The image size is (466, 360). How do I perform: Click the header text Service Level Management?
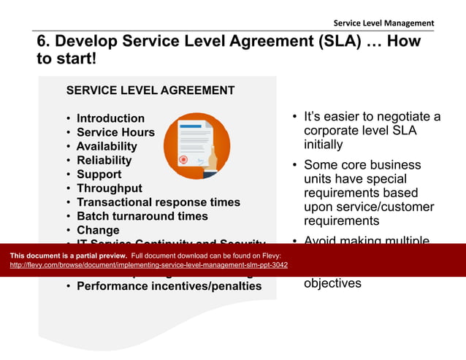click(x=383, y=23)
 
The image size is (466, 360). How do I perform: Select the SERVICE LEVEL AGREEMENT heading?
click(x=150, y=91)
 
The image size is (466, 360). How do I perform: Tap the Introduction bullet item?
click(x=110, y=118)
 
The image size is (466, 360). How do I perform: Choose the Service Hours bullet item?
click(x=115, y=132)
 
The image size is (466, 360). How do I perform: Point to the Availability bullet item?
click(x=107, y=146)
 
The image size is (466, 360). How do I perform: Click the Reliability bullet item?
click(x=104, y=160)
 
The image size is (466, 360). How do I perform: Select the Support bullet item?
click(x=99, y=175)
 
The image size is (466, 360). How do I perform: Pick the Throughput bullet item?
click(x=110, y=188)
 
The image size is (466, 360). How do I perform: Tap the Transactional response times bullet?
click(x=158, y=202)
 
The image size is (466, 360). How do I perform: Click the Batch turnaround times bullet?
click(x=142, y=216)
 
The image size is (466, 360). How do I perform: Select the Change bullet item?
click(x=98, y=230)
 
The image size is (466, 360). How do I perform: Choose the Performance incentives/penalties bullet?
click(x=169, y=286)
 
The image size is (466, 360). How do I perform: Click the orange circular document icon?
click(x=196, y=146)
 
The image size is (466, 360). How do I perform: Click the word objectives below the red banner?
click(x=332, y=283)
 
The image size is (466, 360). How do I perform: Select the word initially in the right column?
click(x=324, y=145)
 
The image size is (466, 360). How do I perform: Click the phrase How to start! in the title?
click(x=66, y=58)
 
